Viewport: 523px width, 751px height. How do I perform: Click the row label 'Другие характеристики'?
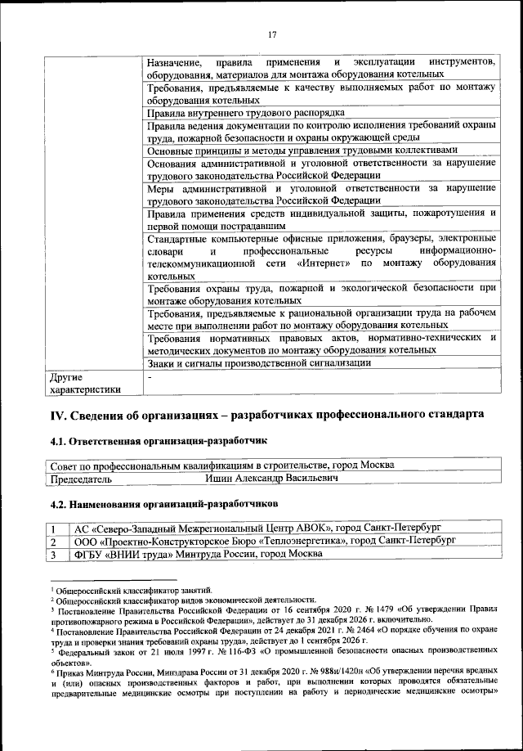(85, 384)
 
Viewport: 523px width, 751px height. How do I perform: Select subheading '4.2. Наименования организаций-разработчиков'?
(164, 496)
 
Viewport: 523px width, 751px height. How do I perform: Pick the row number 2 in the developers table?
(54, 541)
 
